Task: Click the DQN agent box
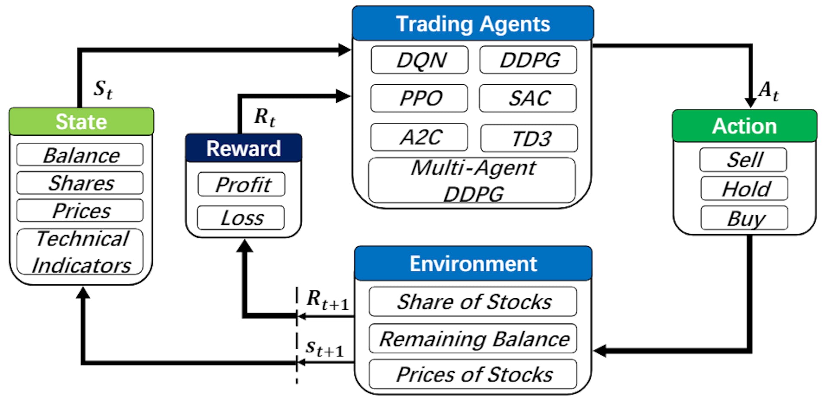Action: tap(420, 60)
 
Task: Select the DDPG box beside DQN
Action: tap(528, 60)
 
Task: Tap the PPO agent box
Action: tap(419, 98)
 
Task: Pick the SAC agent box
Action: tap(528, 98)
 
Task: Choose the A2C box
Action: tap(419, 137)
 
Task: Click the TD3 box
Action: tap(529, 138)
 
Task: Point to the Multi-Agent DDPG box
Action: tap(472, 181)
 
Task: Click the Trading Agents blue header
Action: tap(473, 24)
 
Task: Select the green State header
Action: tap(81, 121)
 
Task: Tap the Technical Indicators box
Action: tap(80, 252)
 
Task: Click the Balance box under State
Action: tap(80, 155)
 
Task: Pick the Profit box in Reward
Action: tap(242, 185)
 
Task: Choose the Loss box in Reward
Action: tap(241, 218)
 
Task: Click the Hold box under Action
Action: tap(744, 189)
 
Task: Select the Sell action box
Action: tap(744, 160)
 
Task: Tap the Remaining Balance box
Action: tap(473, 339)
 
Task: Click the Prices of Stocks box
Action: tap(473, 374)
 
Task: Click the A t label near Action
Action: tap(769, 91)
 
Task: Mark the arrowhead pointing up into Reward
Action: tap(245, 246)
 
